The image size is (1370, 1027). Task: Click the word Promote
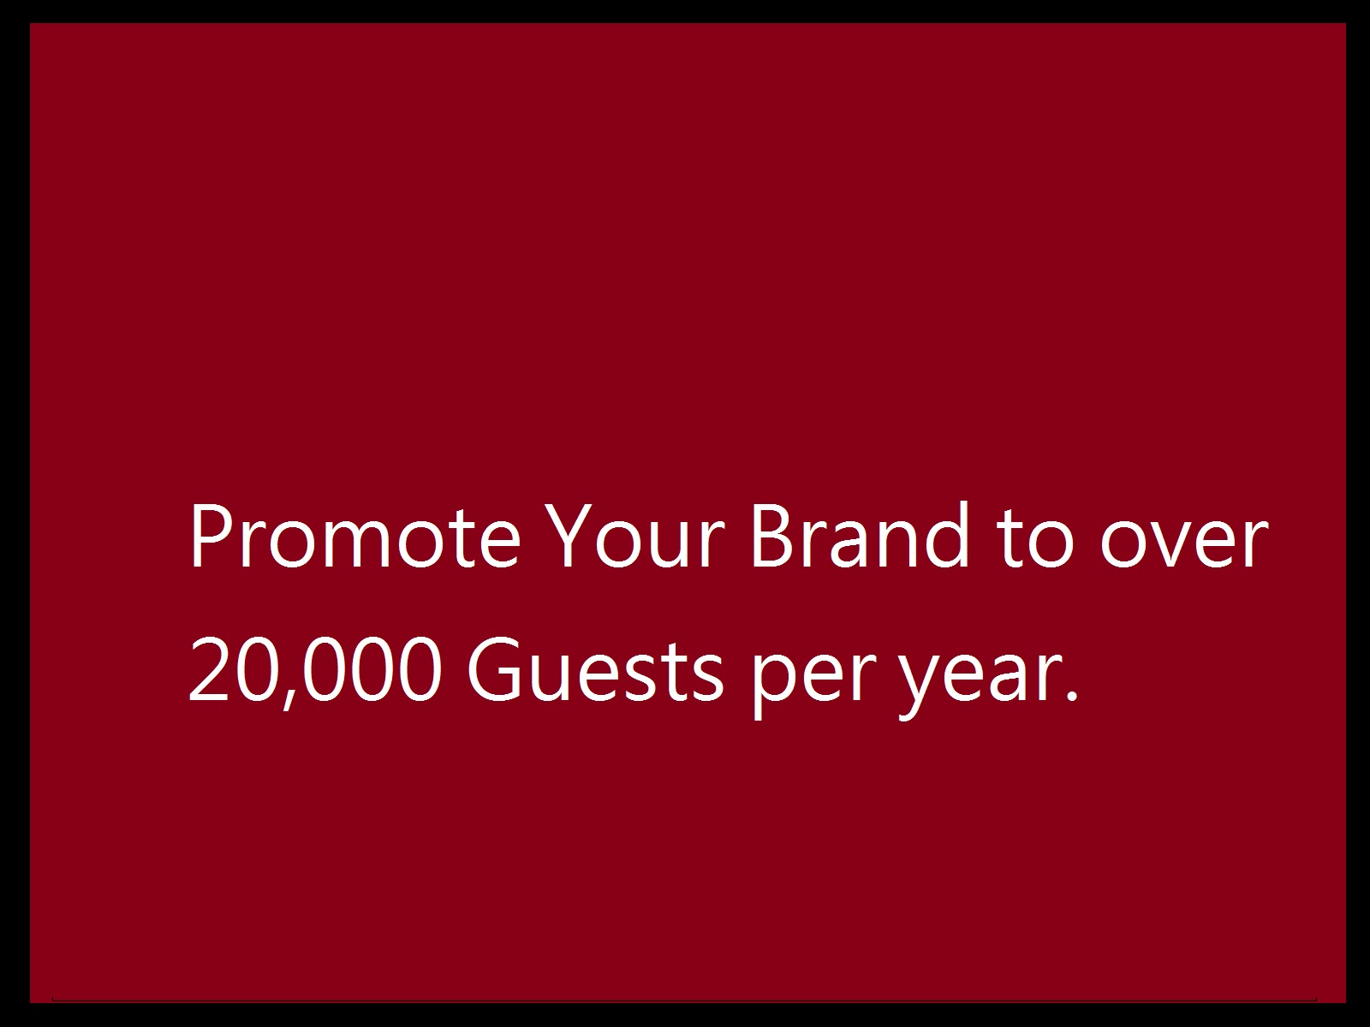click(355, 536)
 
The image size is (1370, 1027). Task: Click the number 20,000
click(315, 672)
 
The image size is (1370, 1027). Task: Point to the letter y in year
click(919, 686)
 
